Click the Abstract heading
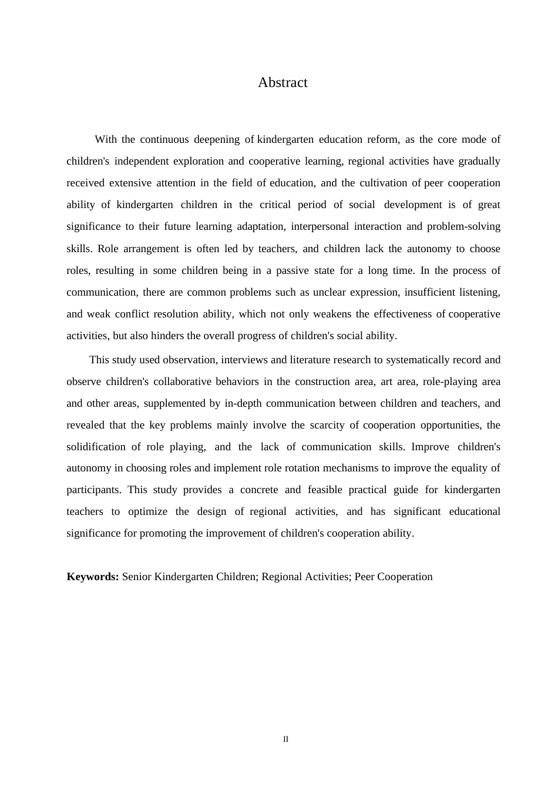point(283,82)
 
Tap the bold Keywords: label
point(93,577)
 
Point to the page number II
point(285,739)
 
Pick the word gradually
point(479,161)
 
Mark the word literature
point(311,360)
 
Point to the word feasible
point(324,490)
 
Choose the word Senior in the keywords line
point(137,577)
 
